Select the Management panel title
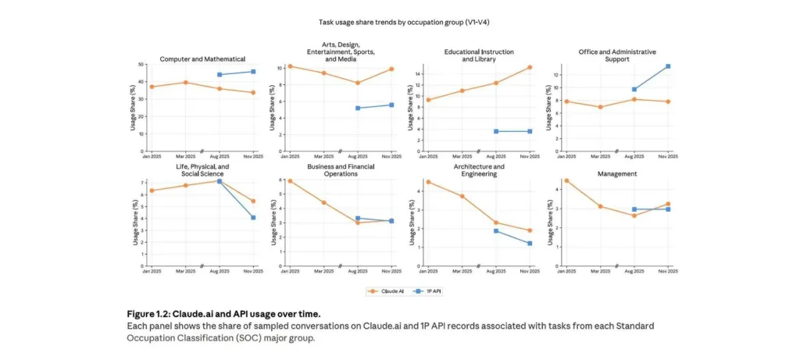coord(618,173)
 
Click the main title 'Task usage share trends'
coord(399,22)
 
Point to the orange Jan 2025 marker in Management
coord(566,180)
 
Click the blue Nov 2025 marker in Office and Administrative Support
coord(669,66)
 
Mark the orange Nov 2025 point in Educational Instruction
coord(530,67)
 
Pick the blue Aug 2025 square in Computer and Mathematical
coord(220,75)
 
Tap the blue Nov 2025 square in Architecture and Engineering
coord(530,244)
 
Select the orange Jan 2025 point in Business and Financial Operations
coord(290,181)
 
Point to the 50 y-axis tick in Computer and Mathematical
coord(141,65)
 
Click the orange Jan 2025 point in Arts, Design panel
coord(290,66)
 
